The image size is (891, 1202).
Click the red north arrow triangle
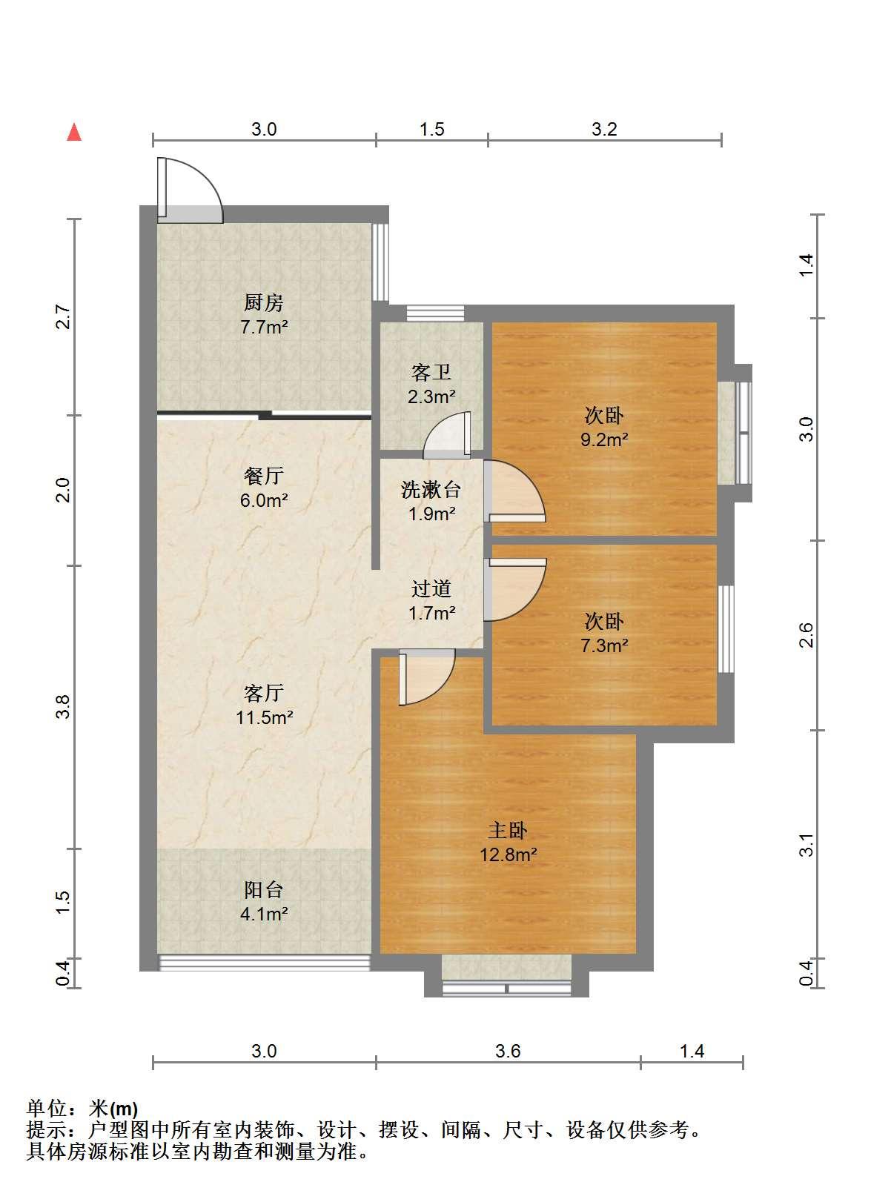click(x=73, y=133)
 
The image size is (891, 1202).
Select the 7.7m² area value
click(x=264, y=327)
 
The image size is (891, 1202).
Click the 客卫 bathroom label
click(x=431, y=372)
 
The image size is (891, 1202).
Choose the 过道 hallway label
click(x=431, y=588)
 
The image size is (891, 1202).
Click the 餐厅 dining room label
click(x=264, y=476)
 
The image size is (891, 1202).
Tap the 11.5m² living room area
click(x=264, y=717)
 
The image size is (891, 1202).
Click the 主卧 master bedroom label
click(x=508, y=830)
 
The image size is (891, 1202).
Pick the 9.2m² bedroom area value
click(x=604, y=439)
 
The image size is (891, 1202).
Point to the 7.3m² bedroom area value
click(x=604, y=645)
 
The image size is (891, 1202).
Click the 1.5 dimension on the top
click(x=431, y=129)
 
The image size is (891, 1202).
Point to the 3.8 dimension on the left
click(x=63, y=707)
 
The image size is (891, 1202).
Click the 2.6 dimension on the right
click(x=806, y=634)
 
